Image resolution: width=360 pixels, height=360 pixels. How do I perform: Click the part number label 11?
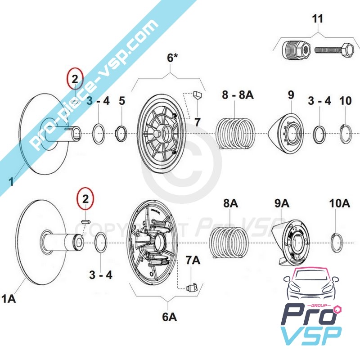coord(317,19)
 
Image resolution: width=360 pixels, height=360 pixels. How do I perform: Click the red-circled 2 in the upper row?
coord(75,80)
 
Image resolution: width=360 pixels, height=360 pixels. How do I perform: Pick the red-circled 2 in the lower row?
coord(85,198)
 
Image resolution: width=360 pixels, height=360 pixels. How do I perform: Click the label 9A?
coord(282,204)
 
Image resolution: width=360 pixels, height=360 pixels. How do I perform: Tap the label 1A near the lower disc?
coord(10,298)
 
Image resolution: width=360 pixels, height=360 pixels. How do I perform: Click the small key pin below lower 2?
coord(87,221)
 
